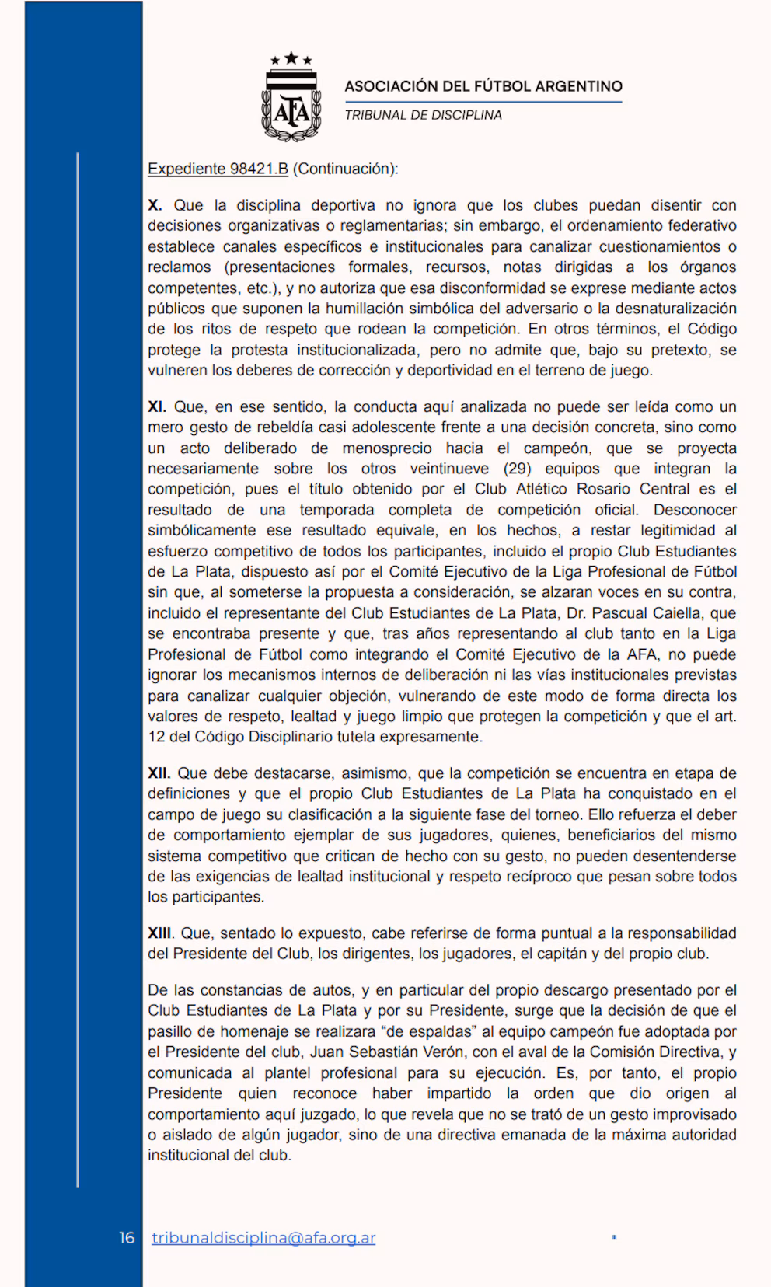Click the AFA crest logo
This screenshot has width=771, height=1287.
point(291,105)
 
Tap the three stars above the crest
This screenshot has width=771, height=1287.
point(291,58)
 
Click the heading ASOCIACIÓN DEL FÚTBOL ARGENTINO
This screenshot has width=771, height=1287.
point(483,86)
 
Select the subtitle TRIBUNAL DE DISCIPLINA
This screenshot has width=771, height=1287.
point(424,115)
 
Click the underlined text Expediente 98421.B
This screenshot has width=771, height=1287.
point(218,169)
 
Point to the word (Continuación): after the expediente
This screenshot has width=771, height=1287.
point(345,169)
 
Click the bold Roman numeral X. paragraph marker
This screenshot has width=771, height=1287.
point(155,205)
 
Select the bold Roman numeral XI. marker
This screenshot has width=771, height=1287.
point(158,406)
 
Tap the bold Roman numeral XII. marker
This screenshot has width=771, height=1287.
point(159,773)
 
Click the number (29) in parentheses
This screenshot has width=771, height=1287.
point(518,469)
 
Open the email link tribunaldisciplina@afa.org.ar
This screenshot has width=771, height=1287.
point(263,1238)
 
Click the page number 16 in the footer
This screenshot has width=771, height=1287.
point(127,1238)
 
